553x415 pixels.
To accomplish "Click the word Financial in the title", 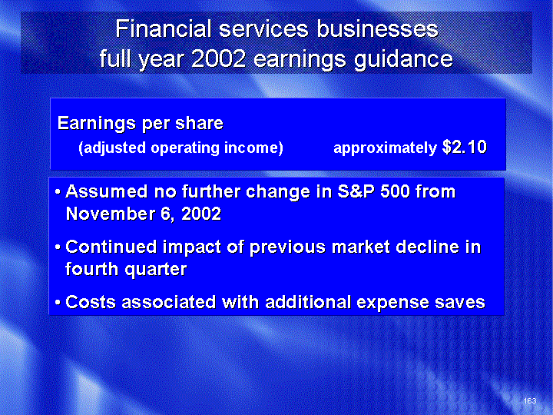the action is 164,28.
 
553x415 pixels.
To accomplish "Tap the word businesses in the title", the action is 377,28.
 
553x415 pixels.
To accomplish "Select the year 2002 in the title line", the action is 218,58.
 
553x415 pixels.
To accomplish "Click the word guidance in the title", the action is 403,59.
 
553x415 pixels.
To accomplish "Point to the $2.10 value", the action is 465,147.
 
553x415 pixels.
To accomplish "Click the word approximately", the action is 385,148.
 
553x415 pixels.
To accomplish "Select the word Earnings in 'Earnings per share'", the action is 97,124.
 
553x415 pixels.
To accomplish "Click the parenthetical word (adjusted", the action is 112,148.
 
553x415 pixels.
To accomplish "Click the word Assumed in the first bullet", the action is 107,191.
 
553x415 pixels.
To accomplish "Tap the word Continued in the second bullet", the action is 111,247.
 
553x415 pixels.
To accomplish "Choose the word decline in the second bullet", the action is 428,247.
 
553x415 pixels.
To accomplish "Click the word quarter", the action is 155,270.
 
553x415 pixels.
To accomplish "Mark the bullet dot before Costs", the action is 58,303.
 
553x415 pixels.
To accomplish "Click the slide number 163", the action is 530,400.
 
